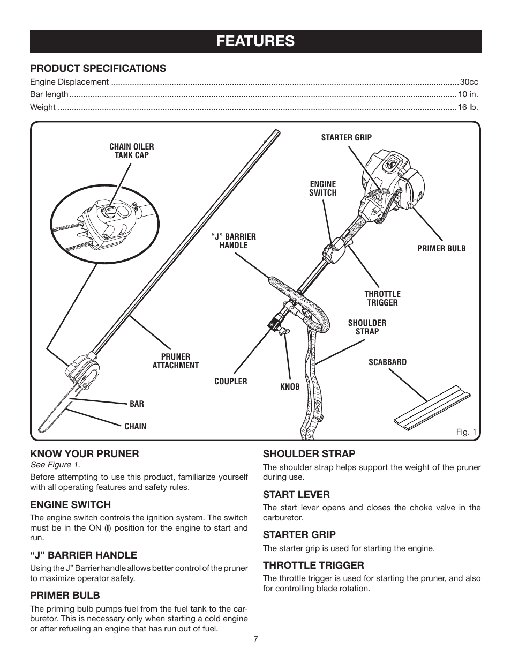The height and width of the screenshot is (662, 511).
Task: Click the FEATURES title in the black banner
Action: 255,41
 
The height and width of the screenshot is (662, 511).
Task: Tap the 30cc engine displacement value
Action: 469,82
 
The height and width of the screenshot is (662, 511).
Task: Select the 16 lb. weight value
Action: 468,107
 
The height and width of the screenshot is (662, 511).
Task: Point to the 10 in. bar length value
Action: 468,94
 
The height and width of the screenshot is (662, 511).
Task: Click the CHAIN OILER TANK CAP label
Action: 132,151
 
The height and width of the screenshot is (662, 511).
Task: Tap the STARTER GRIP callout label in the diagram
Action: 346,137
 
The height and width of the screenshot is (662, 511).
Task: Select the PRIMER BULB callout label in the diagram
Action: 441,249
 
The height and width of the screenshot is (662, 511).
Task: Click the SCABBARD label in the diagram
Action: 387,362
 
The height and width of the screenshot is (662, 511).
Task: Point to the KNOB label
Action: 290,386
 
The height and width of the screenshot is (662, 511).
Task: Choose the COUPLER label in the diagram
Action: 231,381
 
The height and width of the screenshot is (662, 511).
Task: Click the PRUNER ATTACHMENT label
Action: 176,361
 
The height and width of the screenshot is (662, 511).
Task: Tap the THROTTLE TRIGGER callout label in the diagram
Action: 382,298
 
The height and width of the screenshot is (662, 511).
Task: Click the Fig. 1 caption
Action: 466,432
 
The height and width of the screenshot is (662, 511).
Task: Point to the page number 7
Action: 256,639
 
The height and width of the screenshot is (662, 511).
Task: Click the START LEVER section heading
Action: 296,494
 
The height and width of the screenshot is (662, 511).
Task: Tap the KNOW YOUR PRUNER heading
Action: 84,453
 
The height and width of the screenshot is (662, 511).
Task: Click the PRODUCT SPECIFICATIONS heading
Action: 98,68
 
